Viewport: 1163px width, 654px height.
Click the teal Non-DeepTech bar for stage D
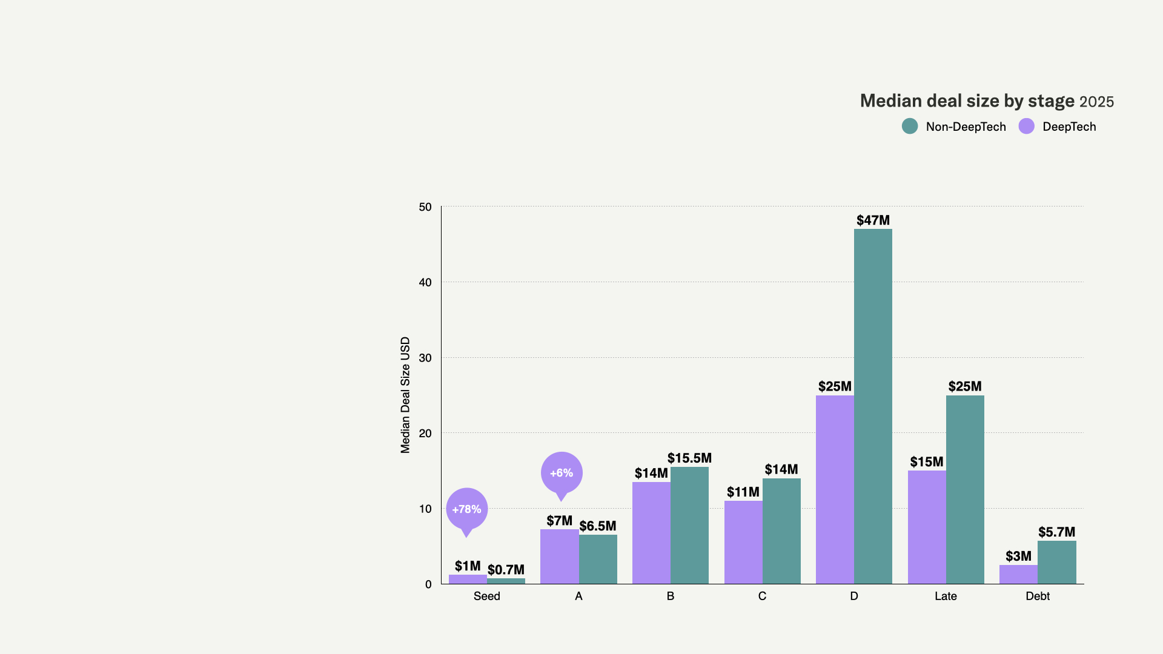click(873, 406)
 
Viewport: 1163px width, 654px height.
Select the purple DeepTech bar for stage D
click(835, 489)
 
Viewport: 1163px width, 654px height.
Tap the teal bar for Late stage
click(965, 489)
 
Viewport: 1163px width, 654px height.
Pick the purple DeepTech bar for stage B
click(651, 533)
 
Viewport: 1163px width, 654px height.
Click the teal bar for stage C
click(781, 531)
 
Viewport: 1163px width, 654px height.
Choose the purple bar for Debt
click(1018, 574)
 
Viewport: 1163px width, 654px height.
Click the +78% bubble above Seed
click(467, 509)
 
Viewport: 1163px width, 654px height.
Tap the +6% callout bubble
click(562, 473)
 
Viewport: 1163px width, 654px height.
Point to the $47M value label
click(873, 220)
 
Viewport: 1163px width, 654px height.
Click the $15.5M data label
click(689, 458)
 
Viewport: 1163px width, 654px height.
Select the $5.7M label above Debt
click(1056, 532)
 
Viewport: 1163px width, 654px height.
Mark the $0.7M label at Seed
click(506, 570)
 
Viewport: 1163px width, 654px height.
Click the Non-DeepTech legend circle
click(910, 127)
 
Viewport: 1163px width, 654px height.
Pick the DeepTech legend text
click(1069, 127)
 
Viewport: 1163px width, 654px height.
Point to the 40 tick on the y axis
click(425, 282)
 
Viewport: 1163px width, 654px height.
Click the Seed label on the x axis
click(487, 596)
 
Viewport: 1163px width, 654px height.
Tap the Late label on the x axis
click(946, 596)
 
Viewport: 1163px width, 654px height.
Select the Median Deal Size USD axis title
click(405, 395)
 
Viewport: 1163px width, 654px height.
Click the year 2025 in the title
click(1096, 102)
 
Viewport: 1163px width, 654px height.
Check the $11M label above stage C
click(743, 492)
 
